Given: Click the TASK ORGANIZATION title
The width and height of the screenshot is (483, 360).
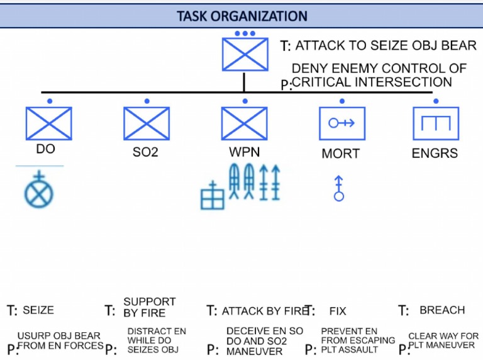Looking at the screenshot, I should point(241,16).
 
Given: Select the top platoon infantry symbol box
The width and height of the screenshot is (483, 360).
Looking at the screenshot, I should point(245,54).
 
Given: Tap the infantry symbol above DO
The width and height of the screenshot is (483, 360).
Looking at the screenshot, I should point(48,123).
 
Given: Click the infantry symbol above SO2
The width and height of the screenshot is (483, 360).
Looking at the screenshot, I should point(146,123).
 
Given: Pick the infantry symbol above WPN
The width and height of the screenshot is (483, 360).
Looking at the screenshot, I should point(244,123).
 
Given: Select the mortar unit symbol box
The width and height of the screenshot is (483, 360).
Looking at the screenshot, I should point(341,123).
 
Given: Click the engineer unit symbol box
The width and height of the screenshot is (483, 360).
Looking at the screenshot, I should point(436,123).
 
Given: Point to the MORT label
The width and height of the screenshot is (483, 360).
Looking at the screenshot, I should point(340,154).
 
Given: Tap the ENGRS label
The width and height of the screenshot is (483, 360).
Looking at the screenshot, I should point(435,154).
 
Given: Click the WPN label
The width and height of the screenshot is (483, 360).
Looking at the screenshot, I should point(244,152).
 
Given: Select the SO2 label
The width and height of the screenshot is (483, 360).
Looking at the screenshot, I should point(145,152).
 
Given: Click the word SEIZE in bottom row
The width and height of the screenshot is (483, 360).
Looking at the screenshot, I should point(38,310).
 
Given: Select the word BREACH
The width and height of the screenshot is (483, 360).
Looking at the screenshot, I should point(442,310).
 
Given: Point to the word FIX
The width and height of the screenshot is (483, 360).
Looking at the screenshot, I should point(338,311).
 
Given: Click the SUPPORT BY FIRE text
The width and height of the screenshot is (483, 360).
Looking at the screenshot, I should point(149,307).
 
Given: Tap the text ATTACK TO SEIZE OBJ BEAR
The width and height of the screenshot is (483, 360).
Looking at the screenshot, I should point(386,46).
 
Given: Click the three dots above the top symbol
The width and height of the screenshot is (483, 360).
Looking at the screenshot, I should point(245,33).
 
